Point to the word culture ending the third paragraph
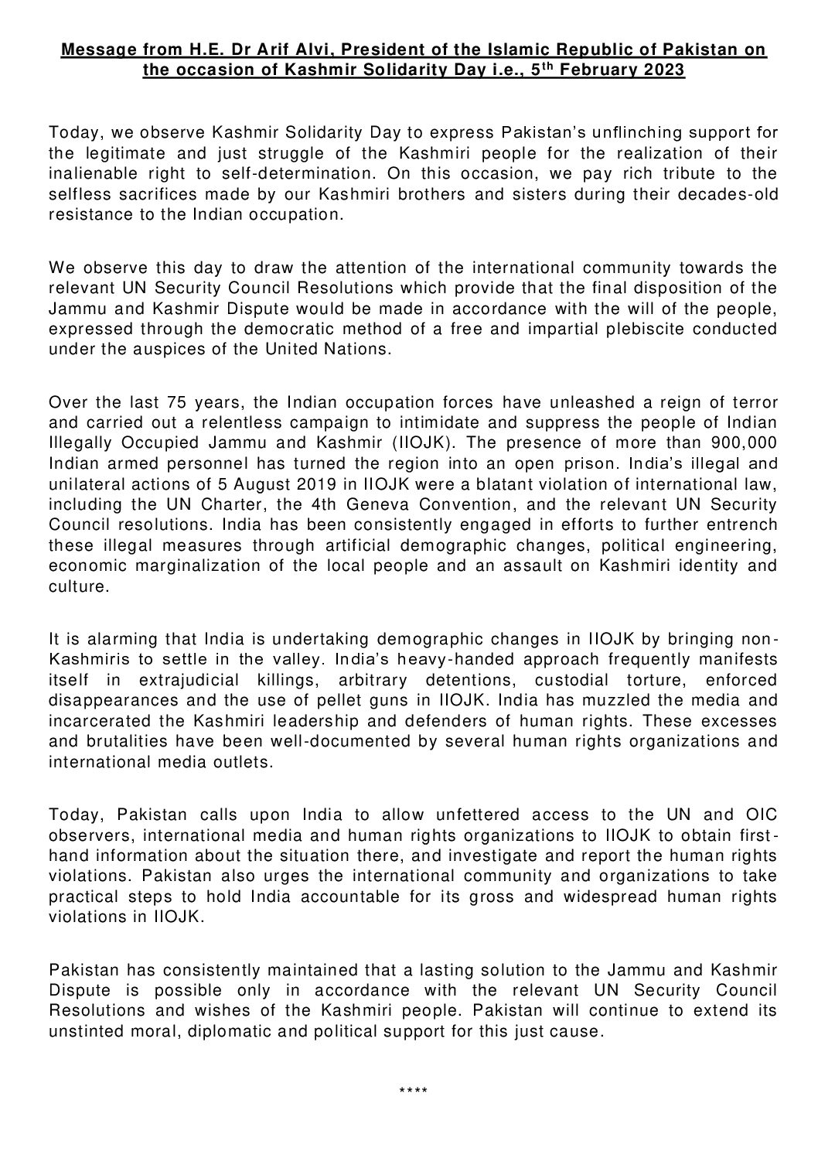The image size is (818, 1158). point(77,586)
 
